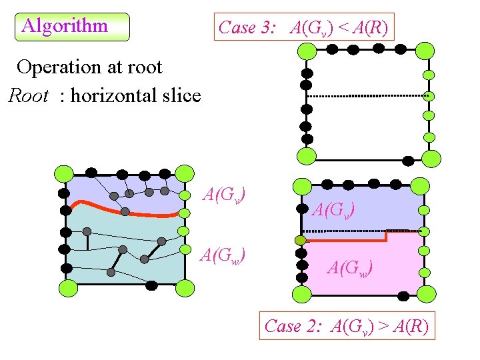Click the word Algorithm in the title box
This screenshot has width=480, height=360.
64,26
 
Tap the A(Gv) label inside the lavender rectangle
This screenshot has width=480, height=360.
333,209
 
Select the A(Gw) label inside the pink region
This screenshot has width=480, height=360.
350,267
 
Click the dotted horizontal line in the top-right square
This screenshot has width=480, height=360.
367,96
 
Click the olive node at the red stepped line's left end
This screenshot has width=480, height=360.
301,240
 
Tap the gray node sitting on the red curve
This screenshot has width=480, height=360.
125,211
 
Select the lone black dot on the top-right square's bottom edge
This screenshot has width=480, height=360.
407,159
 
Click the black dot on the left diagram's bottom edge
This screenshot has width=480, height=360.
151,285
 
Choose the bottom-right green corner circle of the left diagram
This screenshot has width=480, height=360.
185,288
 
